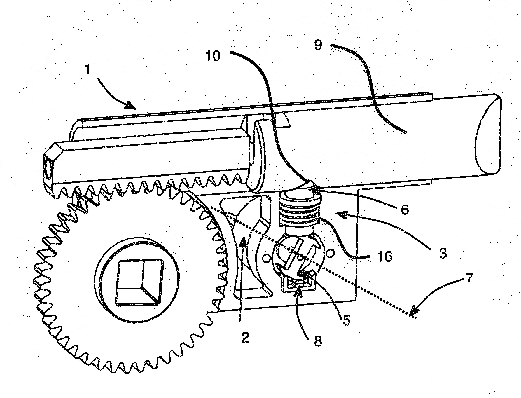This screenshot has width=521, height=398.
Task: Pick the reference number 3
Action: [x=443, y=253]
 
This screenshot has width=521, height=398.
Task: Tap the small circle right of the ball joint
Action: [x=330, y=253]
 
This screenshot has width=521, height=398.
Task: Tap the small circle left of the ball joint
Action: [x=265, y=259]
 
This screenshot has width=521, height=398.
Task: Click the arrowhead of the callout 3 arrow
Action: [x=340, y=214]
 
